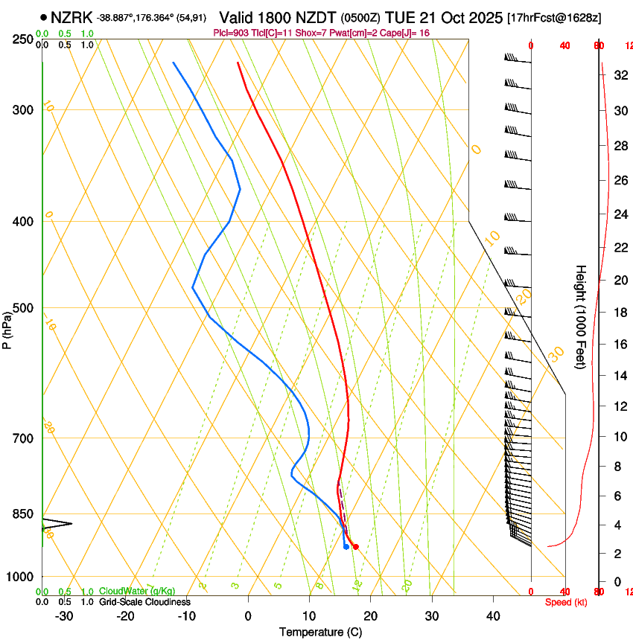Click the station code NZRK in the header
click(71, 16)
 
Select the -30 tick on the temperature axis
click(64, 615)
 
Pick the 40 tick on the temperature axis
click(493, 615)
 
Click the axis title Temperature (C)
click(320, 632)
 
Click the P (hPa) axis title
click(7, 330)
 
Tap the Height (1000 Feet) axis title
click(581, 316)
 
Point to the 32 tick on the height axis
click(619, 75)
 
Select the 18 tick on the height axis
click(619, 313)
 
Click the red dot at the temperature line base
click(355, 547)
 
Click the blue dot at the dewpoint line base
click(346, 547)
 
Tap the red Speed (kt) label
click(565, 602)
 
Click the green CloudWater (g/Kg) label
click(137, 592)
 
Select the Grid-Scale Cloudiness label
click(144, 602)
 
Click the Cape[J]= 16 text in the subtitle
click(407, 33)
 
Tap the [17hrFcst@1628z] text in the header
click(554, 16)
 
